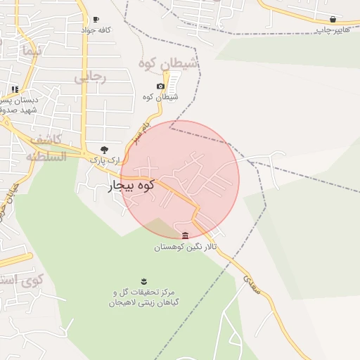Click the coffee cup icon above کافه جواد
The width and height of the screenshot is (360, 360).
96,20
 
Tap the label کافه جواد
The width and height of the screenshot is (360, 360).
96,30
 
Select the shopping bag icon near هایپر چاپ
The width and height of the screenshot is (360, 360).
333,19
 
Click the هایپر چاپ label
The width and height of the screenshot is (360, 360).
332,30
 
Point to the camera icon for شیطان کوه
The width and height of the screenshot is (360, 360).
160,86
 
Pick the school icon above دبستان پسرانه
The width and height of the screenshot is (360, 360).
15,89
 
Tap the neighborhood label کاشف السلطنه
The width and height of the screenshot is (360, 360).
46,148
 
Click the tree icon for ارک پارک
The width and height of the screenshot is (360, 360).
105,149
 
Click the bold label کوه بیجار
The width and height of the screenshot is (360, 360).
130,187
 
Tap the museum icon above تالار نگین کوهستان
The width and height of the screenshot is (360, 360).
185,236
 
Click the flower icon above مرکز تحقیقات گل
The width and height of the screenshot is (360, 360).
144,281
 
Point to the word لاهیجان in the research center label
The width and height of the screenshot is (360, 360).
123,302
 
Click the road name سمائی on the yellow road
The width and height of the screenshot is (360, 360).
251,284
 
